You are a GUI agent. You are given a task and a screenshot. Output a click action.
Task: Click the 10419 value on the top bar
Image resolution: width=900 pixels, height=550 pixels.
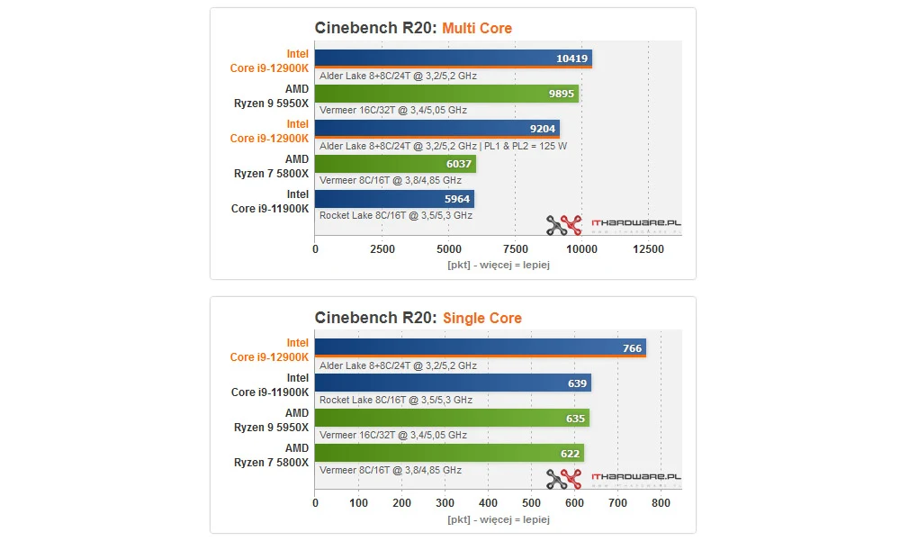[x=572, y=59]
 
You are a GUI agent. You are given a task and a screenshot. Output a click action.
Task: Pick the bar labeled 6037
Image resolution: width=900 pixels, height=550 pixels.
[x=395, y=164]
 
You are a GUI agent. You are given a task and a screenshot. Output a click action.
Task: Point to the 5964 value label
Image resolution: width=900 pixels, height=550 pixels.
[x=456, y=199]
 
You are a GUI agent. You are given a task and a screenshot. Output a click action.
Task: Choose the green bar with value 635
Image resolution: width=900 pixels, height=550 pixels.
[x=451, y=418]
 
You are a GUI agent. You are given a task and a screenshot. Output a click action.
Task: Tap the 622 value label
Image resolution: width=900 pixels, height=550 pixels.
[x=571, y=453]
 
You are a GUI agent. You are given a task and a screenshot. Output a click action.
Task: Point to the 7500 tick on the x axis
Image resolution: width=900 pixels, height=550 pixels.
[x=515, y=249]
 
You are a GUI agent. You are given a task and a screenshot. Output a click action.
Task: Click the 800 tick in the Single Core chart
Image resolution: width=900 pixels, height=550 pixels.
[x=661, y=503]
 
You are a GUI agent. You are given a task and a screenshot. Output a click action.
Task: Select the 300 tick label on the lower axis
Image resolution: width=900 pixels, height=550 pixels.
[x=445, y=503]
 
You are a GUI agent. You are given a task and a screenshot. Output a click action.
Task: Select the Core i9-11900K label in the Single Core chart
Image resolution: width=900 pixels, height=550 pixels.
[x=270, y=392]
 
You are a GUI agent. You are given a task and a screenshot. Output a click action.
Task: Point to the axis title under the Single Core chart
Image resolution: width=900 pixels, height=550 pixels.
[x=498, y=519]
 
